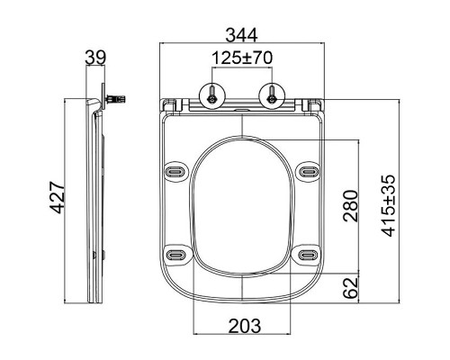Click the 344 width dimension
(241, 35)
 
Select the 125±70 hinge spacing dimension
(242, 58)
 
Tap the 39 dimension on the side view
(95, 58)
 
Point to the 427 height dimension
(57, 197)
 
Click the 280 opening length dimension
(351, 206)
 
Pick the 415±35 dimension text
(389, 206)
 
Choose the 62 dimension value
(351, 288)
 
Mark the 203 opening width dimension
(245, 326)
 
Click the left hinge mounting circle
(212, 94)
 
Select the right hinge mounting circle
(272, 94)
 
